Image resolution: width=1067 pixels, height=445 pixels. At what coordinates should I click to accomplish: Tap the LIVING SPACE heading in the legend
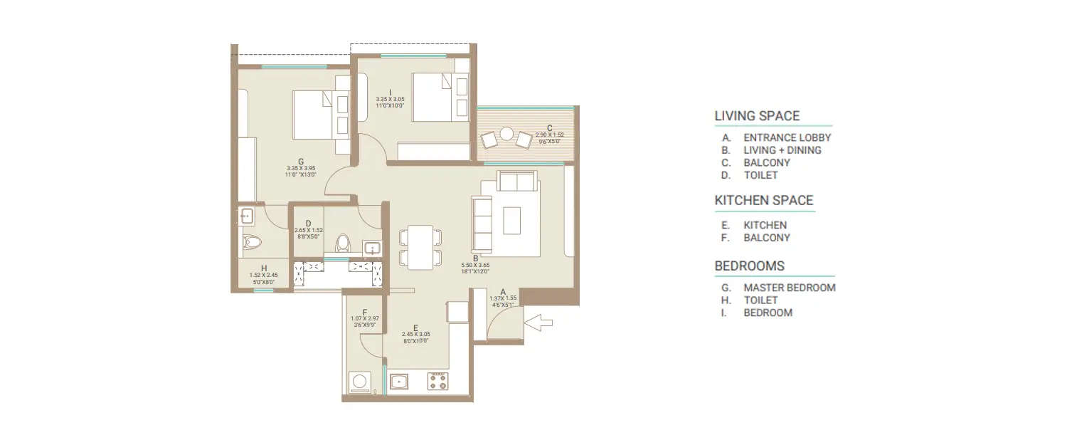757,116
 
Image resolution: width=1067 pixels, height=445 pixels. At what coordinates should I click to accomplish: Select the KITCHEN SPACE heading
764,201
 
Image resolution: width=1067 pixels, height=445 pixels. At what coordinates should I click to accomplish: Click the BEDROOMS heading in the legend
750,266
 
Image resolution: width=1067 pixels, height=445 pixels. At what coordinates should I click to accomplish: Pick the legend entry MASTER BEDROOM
789,288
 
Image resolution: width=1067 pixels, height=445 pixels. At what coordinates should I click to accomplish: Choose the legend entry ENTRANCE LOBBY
787,137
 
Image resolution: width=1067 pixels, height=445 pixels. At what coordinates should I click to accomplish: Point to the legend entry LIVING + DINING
782,150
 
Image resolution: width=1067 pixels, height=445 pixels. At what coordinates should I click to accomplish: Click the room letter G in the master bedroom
302,162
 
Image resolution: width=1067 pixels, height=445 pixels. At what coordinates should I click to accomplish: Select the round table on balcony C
506,134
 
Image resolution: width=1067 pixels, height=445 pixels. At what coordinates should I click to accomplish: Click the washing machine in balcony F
360,382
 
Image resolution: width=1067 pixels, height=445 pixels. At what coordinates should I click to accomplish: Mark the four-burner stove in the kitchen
437,382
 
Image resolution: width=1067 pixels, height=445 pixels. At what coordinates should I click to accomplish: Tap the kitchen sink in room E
400,382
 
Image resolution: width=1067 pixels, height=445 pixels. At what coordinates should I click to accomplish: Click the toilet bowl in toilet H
250,244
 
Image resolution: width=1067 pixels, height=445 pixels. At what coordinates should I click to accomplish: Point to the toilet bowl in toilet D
343,242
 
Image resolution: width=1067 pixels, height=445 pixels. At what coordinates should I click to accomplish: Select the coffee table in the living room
512,220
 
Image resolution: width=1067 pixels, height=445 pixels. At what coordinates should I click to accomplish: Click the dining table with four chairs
420,246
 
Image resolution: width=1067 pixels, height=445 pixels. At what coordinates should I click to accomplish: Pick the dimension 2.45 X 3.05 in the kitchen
415,334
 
